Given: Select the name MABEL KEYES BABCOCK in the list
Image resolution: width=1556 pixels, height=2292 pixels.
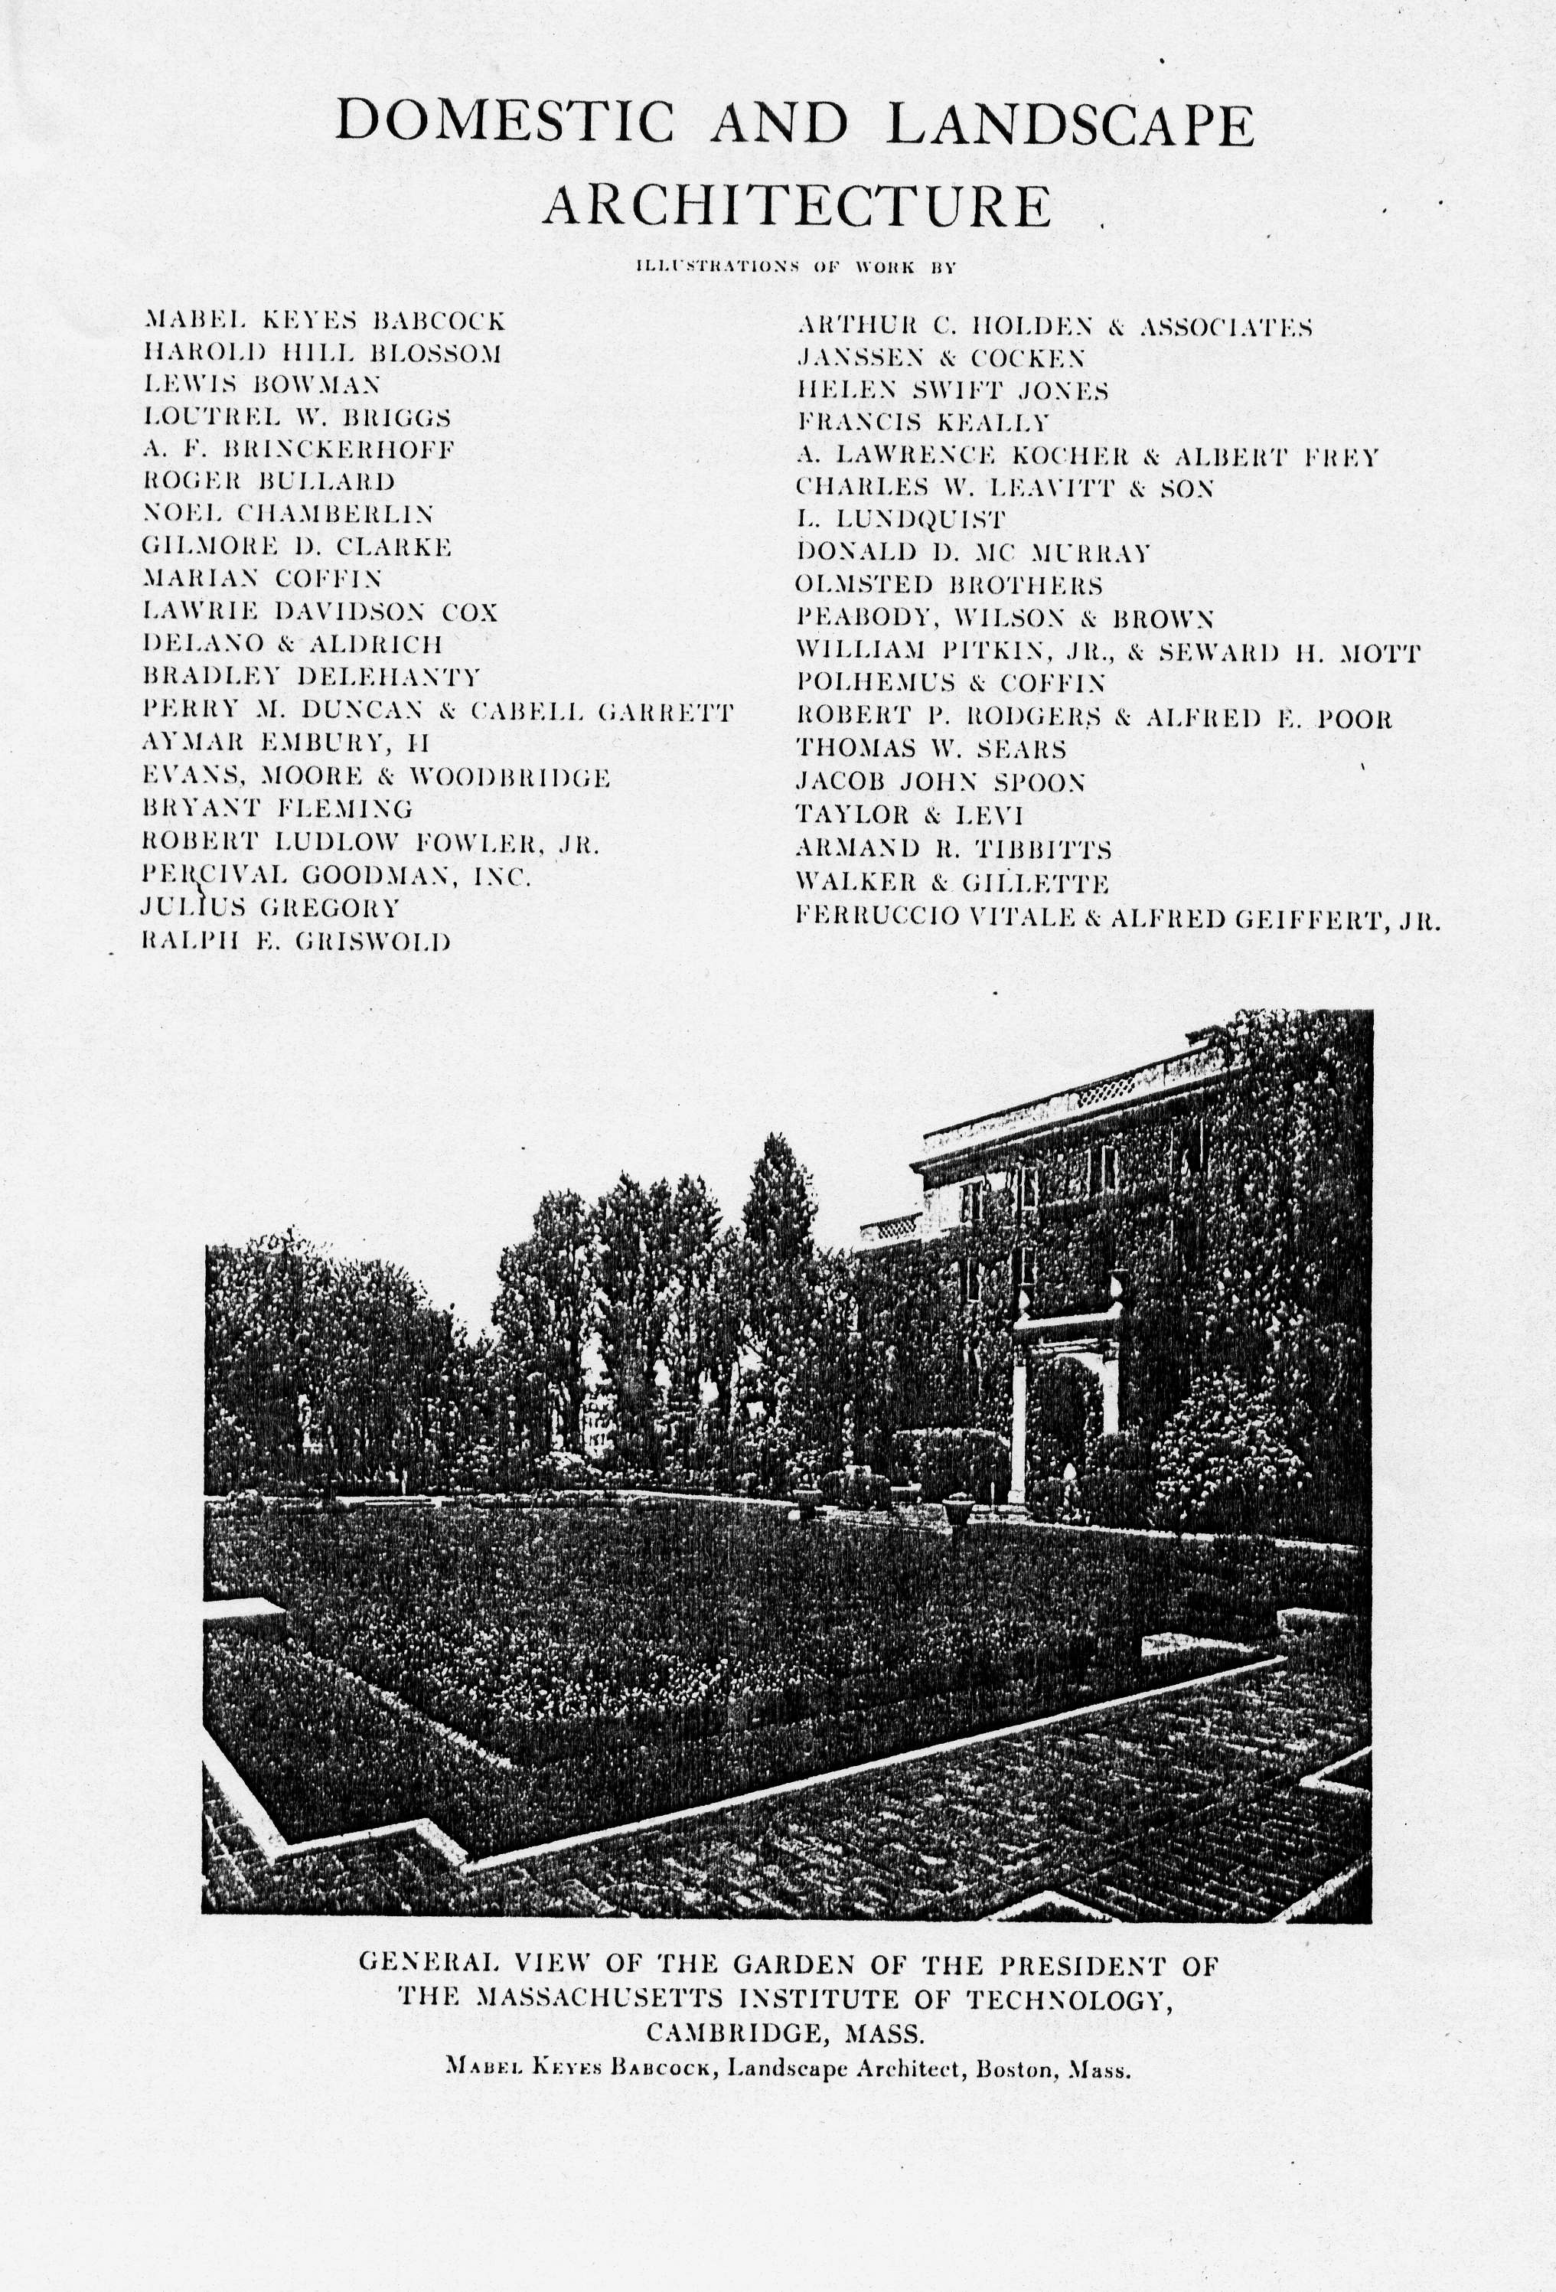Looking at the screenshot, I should click(325, 321).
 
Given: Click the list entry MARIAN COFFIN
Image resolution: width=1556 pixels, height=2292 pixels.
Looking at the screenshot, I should click(263, 579).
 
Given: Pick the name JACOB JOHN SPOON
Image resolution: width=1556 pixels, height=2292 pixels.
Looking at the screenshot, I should click(941, 782).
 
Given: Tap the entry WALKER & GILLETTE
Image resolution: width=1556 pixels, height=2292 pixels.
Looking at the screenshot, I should click(951, 883).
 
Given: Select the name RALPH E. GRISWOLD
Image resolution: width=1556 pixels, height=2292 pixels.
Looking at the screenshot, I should click(297, 940).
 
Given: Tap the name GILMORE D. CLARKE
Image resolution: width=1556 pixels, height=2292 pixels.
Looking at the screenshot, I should click(297, 547).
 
